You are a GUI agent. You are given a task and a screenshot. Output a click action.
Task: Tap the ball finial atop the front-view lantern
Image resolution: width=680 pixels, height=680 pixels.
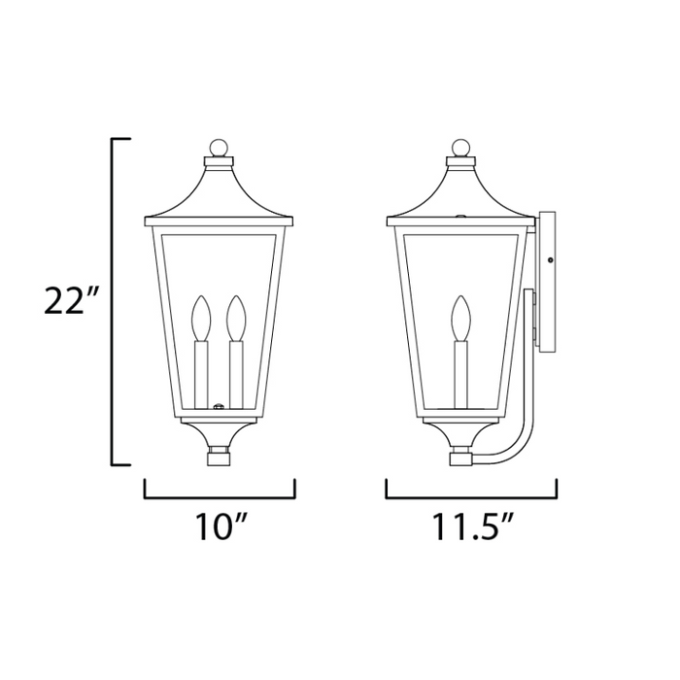(220, 148)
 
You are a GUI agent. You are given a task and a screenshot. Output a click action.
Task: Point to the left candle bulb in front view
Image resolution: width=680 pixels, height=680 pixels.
(201, 317)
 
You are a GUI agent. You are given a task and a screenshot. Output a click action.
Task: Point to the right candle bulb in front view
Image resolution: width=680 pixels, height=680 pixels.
(234, 317)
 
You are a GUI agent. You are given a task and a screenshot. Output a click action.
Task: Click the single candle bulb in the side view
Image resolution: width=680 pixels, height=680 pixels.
(459, 317)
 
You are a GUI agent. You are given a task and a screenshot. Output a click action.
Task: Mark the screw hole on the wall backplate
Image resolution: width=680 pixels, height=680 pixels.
(551, 259)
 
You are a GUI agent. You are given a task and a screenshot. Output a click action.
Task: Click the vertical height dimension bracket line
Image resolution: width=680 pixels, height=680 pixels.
(115, 301)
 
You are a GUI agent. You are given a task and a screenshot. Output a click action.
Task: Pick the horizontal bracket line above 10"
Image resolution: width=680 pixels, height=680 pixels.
(219, 495)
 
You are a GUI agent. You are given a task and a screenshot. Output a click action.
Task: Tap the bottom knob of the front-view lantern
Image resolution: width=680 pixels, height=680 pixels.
(219, 453)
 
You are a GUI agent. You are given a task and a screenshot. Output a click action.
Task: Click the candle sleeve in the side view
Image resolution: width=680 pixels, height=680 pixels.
(459, 374)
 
